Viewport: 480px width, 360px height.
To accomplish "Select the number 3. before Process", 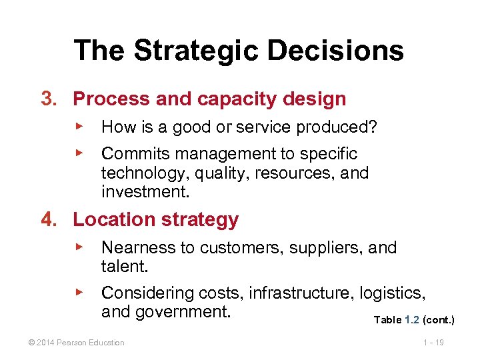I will [x=50, y=99].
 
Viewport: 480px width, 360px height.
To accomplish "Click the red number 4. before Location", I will [x=50, y=219].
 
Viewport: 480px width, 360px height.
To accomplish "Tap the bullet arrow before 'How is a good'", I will [x=79, y=125].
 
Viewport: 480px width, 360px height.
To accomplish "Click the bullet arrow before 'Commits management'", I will [x=79, y=152].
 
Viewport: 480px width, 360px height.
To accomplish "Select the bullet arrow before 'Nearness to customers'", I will [x=79, y=246].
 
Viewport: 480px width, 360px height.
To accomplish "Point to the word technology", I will [x=135, y=174].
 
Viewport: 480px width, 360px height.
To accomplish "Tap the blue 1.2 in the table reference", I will [x=412, y=320].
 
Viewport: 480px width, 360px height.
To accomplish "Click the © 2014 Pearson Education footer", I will [x=71, y=343].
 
